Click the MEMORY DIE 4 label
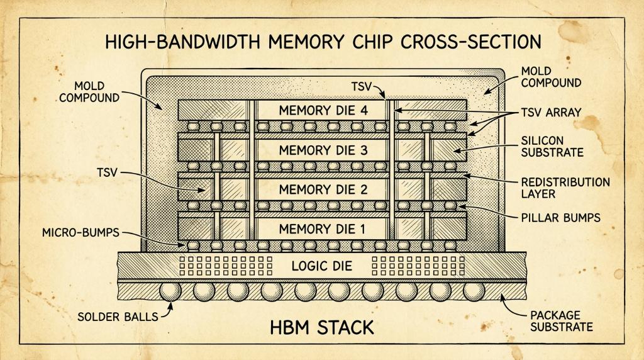pos(323,111)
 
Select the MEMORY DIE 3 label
pos(323,150)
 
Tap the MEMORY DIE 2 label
pos(323,189)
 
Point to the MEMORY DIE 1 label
pos(322,229)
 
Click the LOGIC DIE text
pos(322,266)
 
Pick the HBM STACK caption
pos(322,327)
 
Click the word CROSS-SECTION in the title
pos(470,42)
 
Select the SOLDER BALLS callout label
pos(118,317)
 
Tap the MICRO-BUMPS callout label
pos(80,233)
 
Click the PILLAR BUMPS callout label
pos(560,217)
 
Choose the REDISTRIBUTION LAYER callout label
pos(565,188)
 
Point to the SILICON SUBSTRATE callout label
pos(552,146)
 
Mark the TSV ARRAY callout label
pos(551,112)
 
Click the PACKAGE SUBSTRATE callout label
pos(562,321)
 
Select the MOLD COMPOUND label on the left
pos(89,92)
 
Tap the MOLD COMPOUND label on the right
pos(551,77)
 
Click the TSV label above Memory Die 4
pos(362,87)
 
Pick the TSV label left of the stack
pos(107,172)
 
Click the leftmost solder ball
pos(170,291)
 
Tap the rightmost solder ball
pos(474,291)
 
